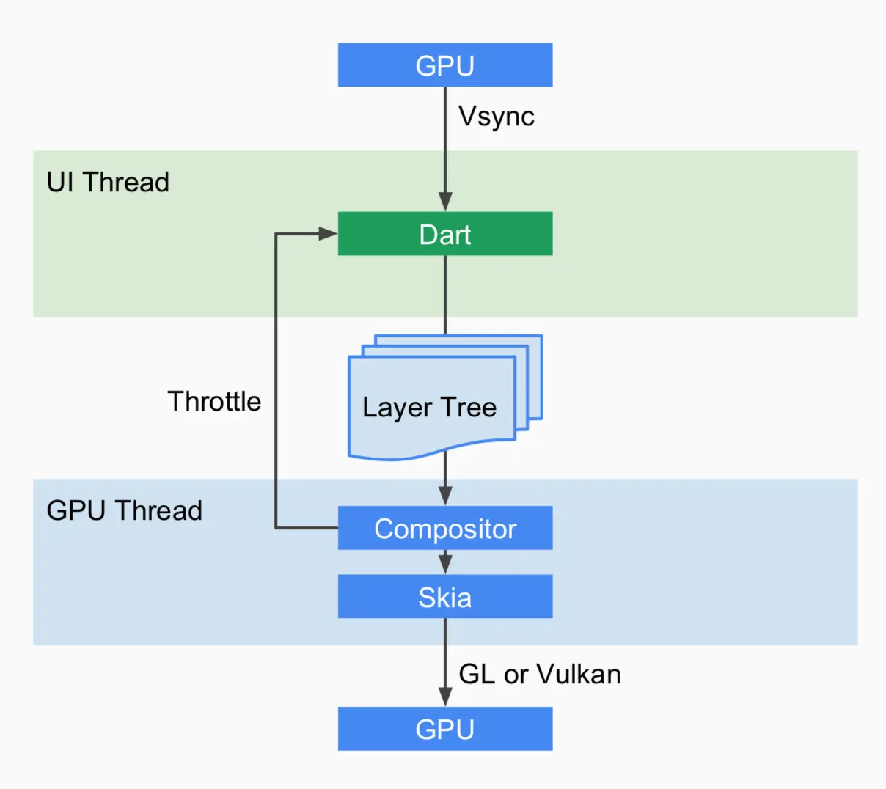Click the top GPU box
[444, 65]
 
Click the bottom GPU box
[444, 729]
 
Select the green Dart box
[444, 234]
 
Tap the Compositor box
[444, 528]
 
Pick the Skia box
[444, 596]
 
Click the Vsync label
[497, 117]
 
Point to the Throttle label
[214, 401]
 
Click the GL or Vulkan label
[540, 674]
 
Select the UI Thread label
[108, 182]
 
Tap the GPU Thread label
[124, 510]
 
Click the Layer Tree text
[429, 407]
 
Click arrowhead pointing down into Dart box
[445, 202]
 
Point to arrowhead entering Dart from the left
[327, 234]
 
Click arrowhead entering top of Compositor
[445, 496]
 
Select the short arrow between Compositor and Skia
[445, 562]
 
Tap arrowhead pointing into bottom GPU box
[445, 697]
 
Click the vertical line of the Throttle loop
[276, 381]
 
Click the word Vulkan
[579, 674]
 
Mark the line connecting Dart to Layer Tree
[445, 293]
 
